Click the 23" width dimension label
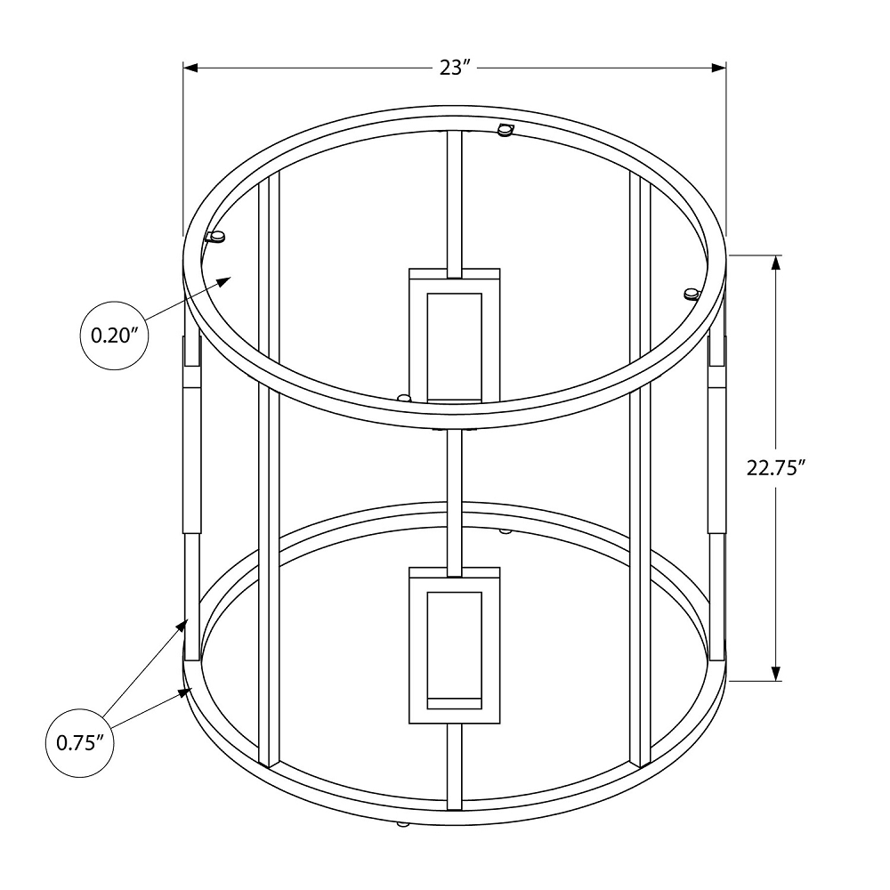(454, 68)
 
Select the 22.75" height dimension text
(775, 468)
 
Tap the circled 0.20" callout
(113, 336)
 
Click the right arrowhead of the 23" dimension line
(720, 68)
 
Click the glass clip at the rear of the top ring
(506, 130)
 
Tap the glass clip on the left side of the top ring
(215, 237)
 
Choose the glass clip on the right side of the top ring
(691, 294)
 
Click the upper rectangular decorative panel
(454, 334)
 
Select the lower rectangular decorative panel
(454, 645)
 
